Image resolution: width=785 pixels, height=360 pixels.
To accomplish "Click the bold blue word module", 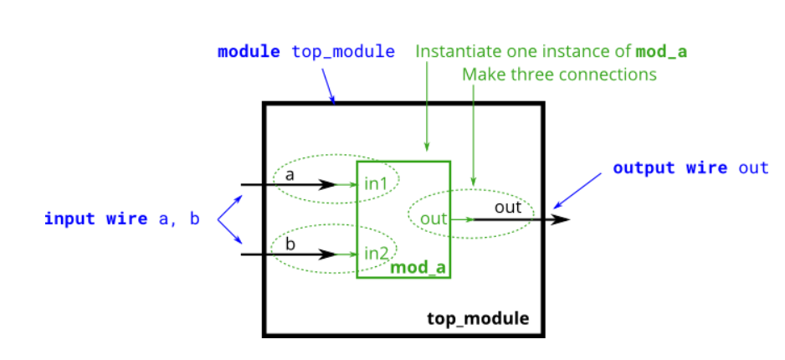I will pos(249,52).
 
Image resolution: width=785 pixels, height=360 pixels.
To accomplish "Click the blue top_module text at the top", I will pos(343,52).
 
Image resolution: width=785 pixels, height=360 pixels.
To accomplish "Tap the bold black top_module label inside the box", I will pos(478,318).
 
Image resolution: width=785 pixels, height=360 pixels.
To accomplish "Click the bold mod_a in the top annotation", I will pos(661,52).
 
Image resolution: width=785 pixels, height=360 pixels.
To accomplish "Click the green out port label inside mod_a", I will pos(434,219).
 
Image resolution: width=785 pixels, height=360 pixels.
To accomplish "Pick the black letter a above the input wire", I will pos(290,175).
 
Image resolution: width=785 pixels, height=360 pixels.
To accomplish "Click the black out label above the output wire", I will pos(508,207).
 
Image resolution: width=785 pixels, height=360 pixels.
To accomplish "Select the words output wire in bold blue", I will pos(670,167).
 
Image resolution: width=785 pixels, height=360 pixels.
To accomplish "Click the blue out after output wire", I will pos(752,167).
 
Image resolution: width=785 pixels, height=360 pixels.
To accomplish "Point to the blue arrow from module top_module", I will pos(328,86).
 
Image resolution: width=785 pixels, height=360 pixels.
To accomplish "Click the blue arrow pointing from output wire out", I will pos(577,191).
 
